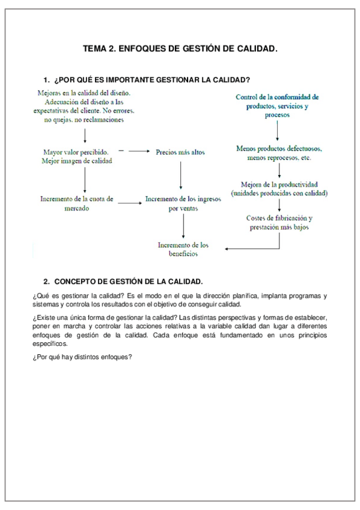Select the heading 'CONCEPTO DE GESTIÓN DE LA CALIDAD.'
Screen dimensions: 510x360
click(129, 281)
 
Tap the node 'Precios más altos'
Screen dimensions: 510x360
click(180, 152)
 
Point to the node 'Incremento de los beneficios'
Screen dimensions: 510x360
click(183, 249)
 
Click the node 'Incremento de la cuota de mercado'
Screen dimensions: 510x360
click(76, 204)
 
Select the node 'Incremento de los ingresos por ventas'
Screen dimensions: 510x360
click(182, 204)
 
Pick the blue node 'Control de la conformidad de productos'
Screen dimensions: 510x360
click(277, 105)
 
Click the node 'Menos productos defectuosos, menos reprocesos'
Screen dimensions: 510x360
click(279, 153)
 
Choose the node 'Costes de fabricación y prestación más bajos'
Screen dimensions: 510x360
click(279, 223)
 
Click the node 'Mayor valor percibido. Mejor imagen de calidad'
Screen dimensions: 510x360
click(77, 156)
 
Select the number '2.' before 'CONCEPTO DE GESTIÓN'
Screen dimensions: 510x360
click(47, 281)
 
